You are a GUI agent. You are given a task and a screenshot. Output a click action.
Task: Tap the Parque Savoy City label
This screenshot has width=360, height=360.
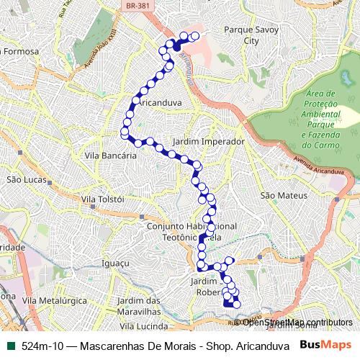[x=241, y=36]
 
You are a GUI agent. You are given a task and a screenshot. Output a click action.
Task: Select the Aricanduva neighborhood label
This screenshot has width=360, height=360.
[x=158, y=103]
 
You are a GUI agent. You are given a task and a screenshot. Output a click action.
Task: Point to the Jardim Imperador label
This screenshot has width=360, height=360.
[x=209, y=142]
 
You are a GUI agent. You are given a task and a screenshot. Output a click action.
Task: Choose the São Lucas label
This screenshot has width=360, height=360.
[x=26, y=179]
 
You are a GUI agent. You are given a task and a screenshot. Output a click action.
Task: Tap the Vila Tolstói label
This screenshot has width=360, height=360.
[x=103, y=199]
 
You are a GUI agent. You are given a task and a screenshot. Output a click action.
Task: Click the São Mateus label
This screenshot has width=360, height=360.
[x=284, y=195]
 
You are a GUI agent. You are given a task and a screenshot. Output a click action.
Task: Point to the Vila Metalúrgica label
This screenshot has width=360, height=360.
[x=52, y=299]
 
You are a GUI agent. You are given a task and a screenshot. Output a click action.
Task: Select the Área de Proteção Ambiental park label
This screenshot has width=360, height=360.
[x=320, y=119]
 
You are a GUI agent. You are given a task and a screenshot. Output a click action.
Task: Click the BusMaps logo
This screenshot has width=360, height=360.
[x=325, y=346]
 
